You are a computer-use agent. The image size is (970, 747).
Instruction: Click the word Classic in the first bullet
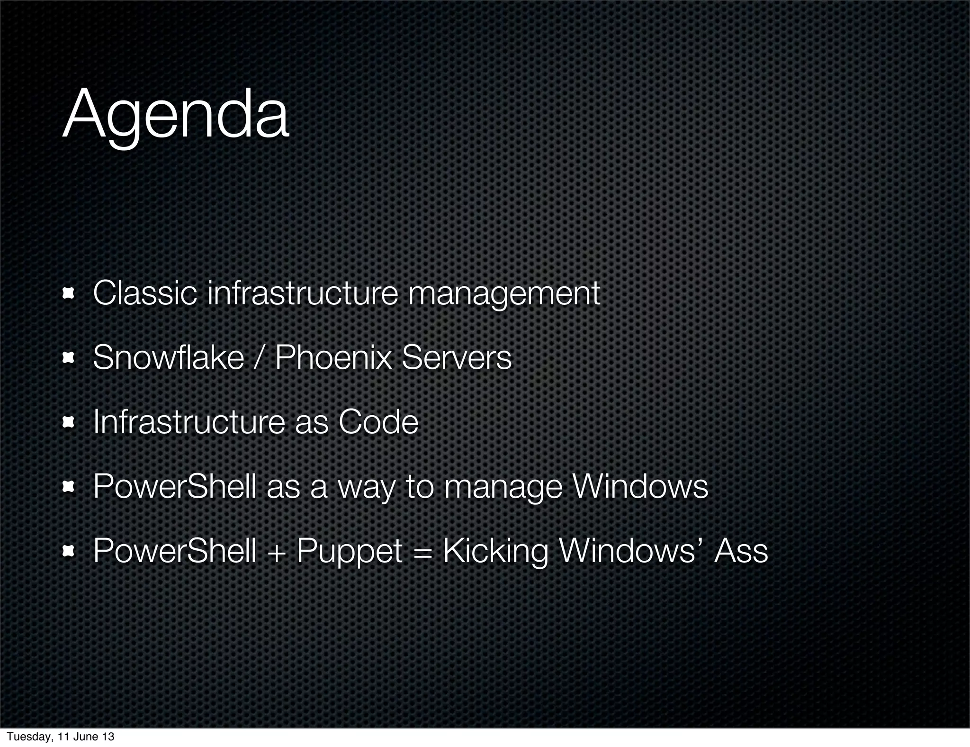click(x=144, y=293)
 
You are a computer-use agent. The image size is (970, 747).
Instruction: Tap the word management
click(x=504, y=294)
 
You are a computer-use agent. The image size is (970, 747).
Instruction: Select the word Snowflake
click(x=168, y=357)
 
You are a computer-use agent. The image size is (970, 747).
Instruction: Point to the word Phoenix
click(x=333, y=357)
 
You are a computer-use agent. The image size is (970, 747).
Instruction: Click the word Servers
click(x=457, y=357)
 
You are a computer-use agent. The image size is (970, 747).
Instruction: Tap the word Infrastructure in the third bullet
click(x=189, y=422)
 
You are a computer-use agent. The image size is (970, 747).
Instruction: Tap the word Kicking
click(x=495, y=552)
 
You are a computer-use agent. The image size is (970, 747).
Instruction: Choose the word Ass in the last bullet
click(x=741, y=551)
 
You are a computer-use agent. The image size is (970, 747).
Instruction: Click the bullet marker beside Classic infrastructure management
click(x=69, y=294)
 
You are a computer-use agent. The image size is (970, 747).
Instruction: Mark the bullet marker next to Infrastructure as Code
click(x=69, y=422)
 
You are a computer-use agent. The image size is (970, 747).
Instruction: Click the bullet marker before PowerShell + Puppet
click(x=69, y=551)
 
